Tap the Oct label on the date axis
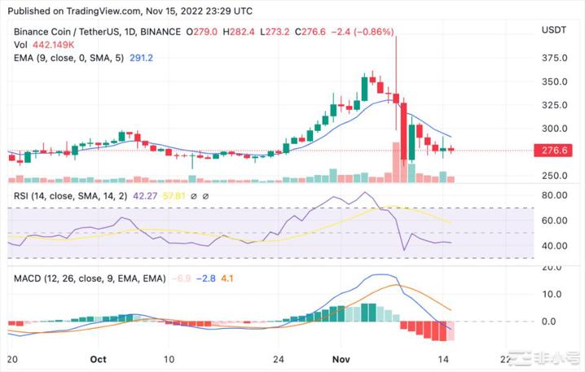tap(99, 359)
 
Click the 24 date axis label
tap(279, 359)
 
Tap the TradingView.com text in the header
tap(92, 11)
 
